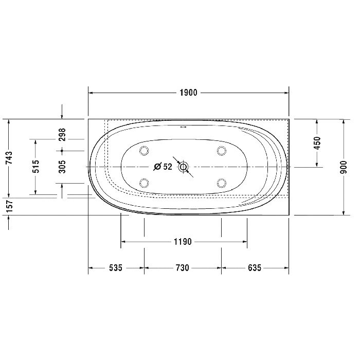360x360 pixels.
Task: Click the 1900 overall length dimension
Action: click(188, 93)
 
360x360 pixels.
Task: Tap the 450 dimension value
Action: click(317, 142)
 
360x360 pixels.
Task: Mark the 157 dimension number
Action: click(9, 207)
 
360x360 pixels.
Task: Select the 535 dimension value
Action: click(115, 268)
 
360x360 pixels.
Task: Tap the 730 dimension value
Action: click(183, 268)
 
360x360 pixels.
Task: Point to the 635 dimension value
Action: click(255, 268)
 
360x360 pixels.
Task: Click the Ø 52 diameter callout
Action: click(163, 167)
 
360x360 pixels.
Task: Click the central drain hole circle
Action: click(184, 167)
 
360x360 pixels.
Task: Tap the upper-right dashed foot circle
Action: click(222, 150)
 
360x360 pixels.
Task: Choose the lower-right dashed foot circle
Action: click(222, 183)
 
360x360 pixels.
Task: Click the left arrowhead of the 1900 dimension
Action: click(92, 93)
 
